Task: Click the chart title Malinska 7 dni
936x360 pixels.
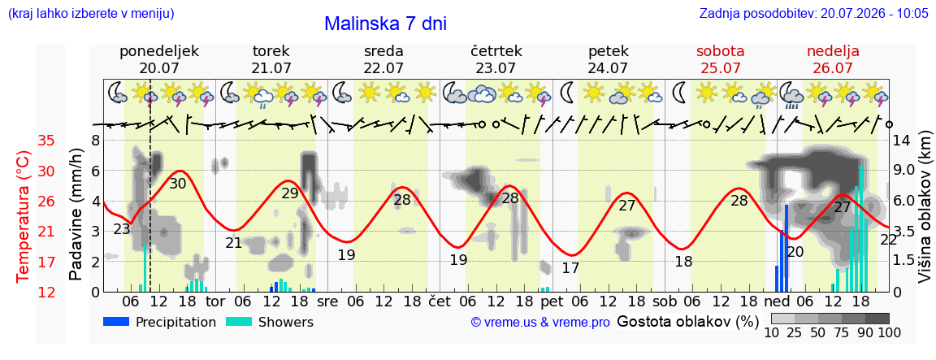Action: click(x=385, y=24)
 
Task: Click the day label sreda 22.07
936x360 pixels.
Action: click(x=383, y=59)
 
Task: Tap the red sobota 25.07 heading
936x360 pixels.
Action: click(x=721, y=59)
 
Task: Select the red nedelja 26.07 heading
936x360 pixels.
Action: click(x=833, y=59)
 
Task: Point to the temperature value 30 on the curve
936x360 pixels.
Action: click(x=178, y=201)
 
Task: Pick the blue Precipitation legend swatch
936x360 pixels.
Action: click(x=117, y=322)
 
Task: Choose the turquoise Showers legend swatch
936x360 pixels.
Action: click(x=240, y=322)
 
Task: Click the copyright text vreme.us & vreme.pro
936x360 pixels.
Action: click(x=540, y=323)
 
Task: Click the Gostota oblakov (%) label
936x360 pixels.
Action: click(x=687, y=322)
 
